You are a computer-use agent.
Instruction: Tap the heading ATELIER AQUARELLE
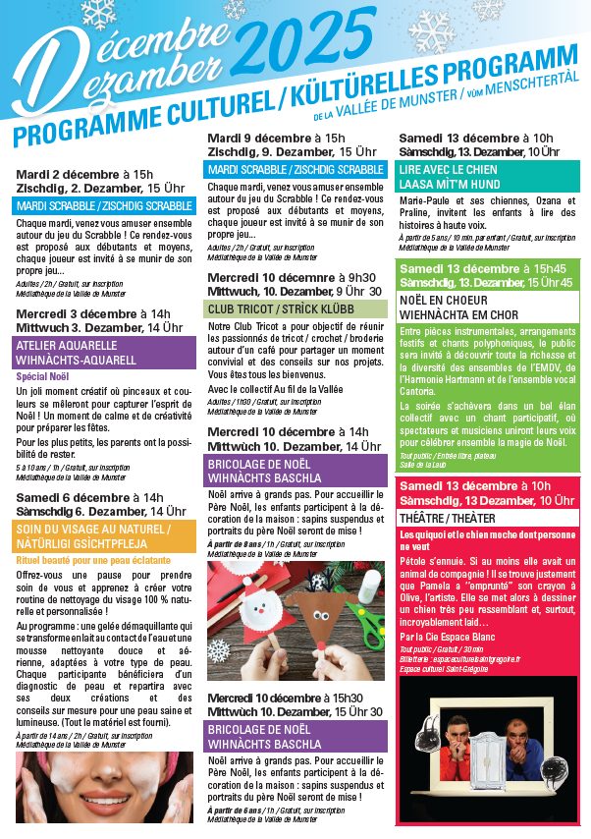(x=67, y=346)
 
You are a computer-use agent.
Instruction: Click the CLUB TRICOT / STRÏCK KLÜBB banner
(x=266, y=308)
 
